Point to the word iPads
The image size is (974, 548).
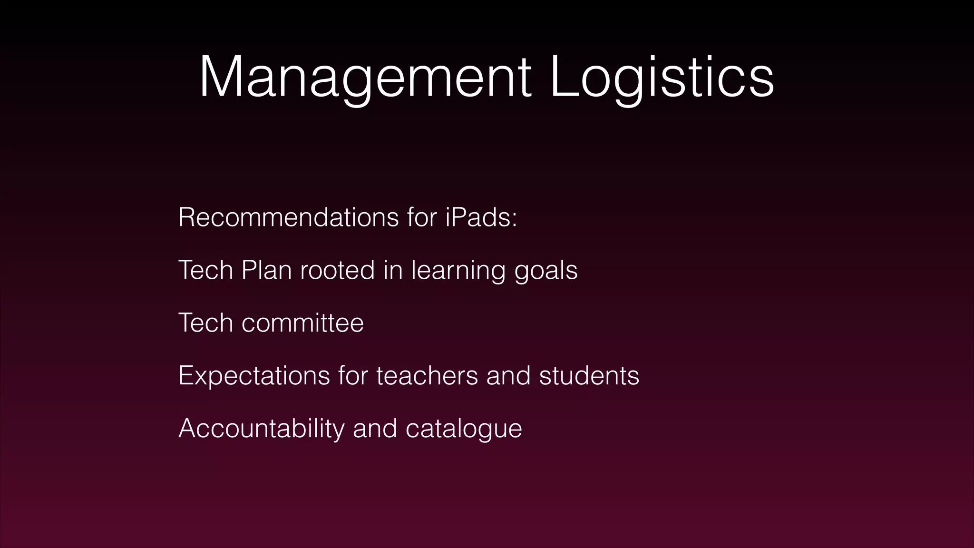tap(481, 217)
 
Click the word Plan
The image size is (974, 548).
tap(266, 270)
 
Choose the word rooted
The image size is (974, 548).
tap(337, 270)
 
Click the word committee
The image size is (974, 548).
tap(302, 323)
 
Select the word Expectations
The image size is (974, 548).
tap(254, 376)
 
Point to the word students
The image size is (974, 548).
tap(589, 376)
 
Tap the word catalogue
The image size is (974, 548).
tap(464, 429)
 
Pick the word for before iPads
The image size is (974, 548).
tap(422, 217)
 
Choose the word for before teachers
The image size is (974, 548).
tap(353, 376)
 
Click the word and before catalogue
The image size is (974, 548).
tap(375, 429)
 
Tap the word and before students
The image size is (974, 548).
tap(508, 376)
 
